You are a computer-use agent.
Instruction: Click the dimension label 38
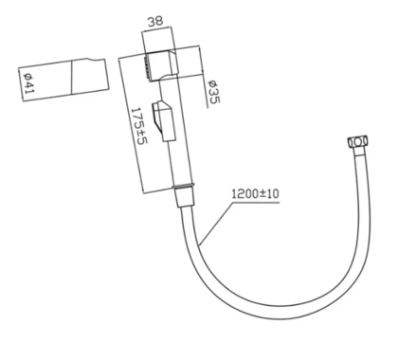pos(155,21)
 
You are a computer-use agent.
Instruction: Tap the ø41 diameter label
pos(29,83)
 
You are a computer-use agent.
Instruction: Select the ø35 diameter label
pos(214,92)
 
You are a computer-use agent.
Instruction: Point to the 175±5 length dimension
pos(139,126)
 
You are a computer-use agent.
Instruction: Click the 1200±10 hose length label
pos(256,193)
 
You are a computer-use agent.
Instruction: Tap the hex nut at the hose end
pos(358,141)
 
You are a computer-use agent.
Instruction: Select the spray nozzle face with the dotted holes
pos(147,67)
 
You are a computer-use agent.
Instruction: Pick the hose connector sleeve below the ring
pos(185,198)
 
